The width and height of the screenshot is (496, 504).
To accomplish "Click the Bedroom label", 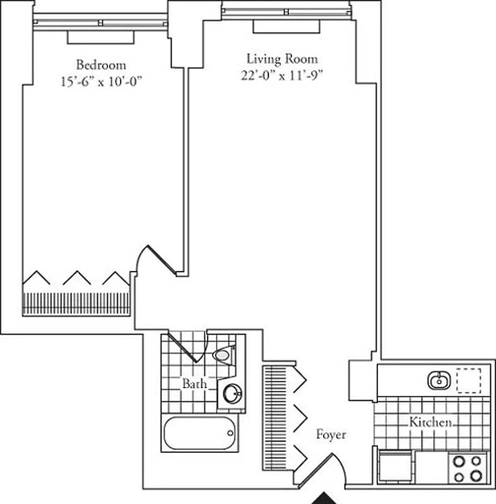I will coord(101,64).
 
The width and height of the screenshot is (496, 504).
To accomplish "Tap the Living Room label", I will coord(282,59).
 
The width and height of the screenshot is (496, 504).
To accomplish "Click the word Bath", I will coord(193,383).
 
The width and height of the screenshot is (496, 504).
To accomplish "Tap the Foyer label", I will coord(331,435).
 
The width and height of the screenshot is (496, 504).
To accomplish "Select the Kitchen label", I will coord(431,422).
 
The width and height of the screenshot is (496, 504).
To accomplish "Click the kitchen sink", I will coord(438,379).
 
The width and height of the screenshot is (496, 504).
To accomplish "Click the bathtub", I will coord(200,434).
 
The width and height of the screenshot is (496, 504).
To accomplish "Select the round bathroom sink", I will coord(232,393).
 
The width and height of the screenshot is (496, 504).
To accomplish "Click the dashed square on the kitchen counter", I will coord(468,380).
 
